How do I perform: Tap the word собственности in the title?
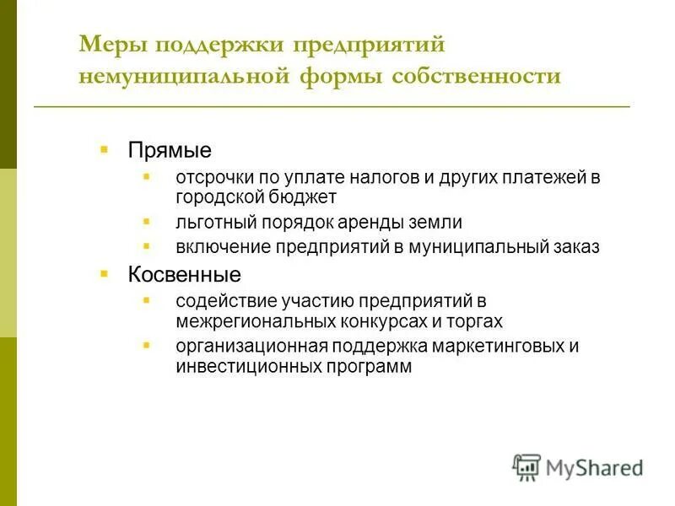pos(477,77)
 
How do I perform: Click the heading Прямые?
pos(170,150)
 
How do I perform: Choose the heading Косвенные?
pos(184,275)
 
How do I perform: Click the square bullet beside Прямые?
pos(104,149)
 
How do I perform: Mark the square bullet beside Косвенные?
pos(104,274)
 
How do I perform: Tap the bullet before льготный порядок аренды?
pos(147,221)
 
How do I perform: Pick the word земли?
pos(438,223)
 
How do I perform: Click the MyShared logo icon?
pos(526,467)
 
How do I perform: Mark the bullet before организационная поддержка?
pos(147,346)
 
